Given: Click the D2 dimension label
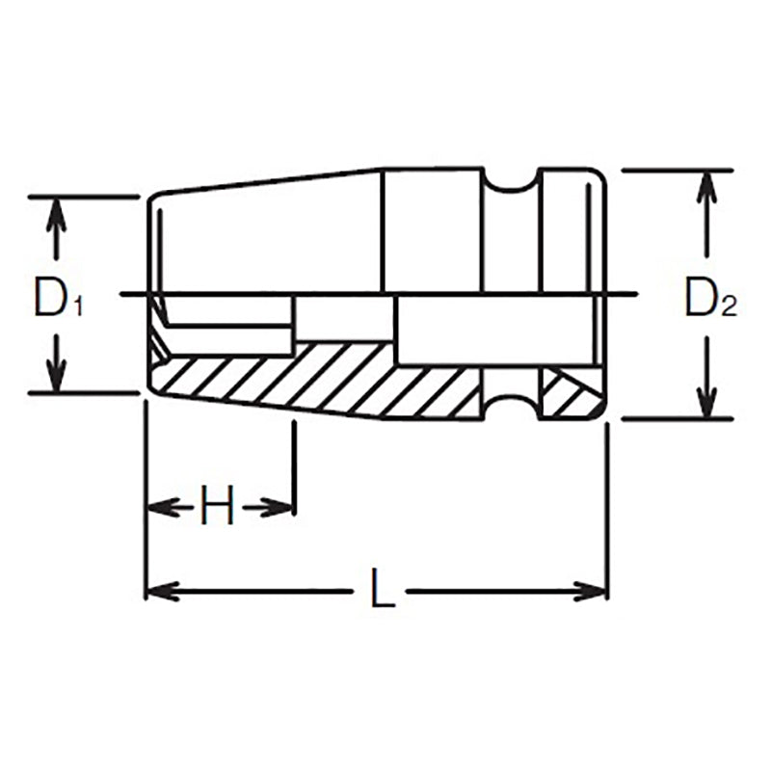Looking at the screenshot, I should pyautogui.click(x=709, y=298).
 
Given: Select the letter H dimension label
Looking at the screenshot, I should pyautogui.click(x=218, y=506).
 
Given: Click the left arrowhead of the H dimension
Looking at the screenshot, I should pyautogui.click(x=160, y=506).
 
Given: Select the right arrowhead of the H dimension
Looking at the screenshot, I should pyautogui.click(x=279, y=506).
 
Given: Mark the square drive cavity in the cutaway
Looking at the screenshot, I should pyautogui.click(x=492, y=331).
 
